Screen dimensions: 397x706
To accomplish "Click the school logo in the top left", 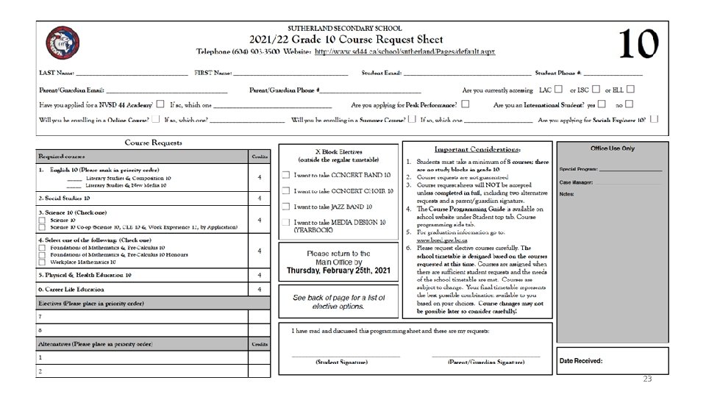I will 58,43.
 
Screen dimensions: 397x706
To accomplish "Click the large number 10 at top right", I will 637,44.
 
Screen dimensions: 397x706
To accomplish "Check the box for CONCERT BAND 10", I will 285,175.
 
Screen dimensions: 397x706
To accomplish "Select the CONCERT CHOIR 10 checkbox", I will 285,191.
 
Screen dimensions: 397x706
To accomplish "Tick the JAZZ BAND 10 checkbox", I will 285,207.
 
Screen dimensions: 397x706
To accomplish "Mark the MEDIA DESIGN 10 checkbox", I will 285,222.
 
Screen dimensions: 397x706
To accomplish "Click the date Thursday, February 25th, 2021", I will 338,270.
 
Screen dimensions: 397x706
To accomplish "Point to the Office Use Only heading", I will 612,149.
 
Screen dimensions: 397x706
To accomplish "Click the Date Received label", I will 582,361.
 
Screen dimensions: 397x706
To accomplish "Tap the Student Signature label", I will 341,362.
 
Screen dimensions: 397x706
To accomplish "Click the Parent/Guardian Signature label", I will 486,362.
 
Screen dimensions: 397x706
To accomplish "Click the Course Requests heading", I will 153,142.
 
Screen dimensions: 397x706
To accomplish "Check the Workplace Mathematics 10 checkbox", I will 42,262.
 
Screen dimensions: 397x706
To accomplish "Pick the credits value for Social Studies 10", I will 259,198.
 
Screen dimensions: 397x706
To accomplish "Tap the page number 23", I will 647,379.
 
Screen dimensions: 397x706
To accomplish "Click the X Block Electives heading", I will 338,150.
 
